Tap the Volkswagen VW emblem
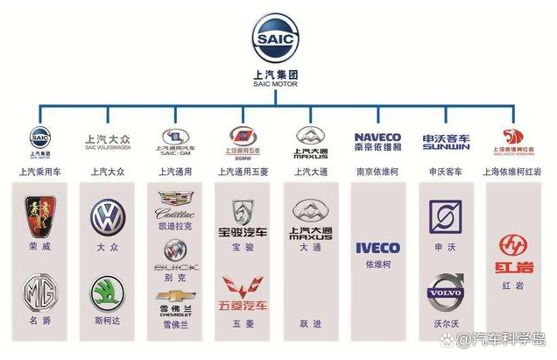(x=108, y=216)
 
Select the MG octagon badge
(x=39, y=293)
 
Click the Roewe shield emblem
(x=40, y=215)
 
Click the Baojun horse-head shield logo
(x=243, y=211)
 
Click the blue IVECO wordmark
(x=377, y=248)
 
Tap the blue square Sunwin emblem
(x=446, y=216)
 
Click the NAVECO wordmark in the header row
(x=377, y=137)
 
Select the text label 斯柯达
(x=108, y=323)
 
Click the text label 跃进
(x=310, y=323)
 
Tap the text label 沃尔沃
(x=446, y=323)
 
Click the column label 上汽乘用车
(x=40, y=171)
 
